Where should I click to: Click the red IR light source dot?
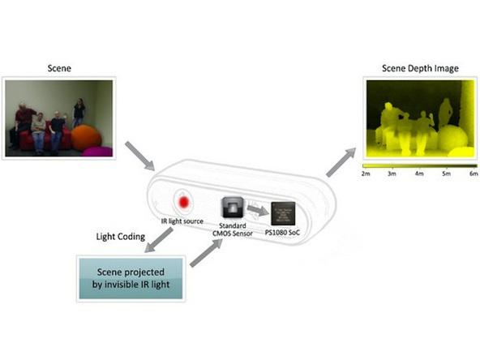point(184,202)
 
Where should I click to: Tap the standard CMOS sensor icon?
point(233,208)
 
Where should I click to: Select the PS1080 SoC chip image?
point(283,213)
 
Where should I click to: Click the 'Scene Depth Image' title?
point(420,68)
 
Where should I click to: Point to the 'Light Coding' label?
point(121,237)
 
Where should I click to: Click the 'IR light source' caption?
point(182,221)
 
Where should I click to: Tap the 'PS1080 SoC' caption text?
point(282,233)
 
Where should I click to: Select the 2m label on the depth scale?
point(366,174)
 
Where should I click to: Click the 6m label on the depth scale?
point(474,174)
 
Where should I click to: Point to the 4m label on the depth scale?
point(419,174)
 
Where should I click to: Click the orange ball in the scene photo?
point(86,138)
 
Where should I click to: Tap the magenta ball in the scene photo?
point(98,152)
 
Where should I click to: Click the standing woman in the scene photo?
point(79,113)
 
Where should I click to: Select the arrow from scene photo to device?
point(139,156)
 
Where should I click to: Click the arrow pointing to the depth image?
point(341,162)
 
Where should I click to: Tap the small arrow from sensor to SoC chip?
point(258,210)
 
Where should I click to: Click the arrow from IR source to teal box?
point(158,240)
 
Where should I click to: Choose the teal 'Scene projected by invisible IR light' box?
point(131,278)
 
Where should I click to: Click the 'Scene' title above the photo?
point(59,68)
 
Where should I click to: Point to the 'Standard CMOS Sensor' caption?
point(233,229)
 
